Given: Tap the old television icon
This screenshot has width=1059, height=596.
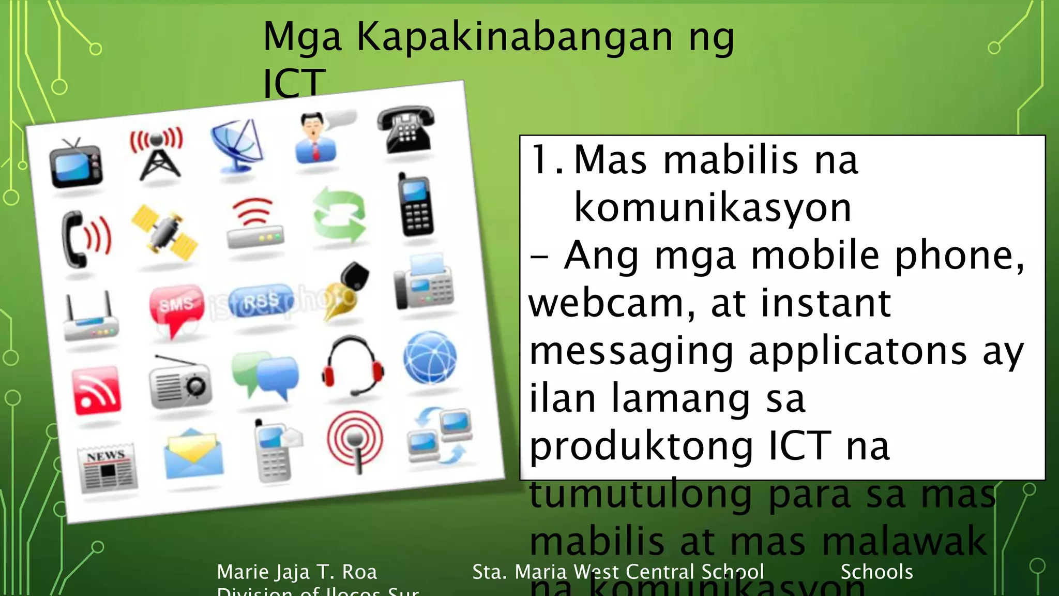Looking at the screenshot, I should [76, 165].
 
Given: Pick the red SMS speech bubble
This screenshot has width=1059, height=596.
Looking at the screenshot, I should [175, 308].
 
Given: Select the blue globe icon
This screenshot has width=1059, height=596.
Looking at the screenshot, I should [430, 358].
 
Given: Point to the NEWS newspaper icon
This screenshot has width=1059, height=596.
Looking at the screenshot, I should [108, 468].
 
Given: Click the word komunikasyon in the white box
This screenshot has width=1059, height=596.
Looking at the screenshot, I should [713, 208].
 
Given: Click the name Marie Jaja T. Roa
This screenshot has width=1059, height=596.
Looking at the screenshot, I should [297, 572].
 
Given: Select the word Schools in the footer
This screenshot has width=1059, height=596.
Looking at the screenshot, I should [876, 572].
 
